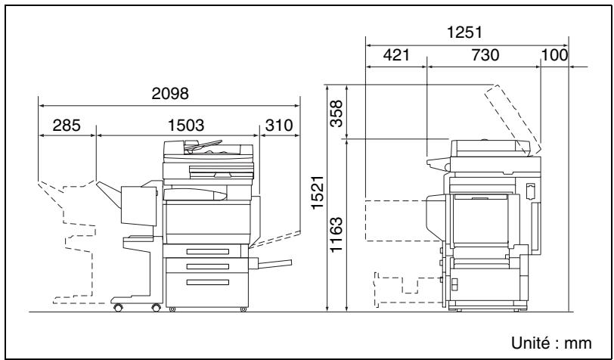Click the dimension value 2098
[170, 94]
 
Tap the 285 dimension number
[67, 126]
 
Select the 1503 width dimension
[185, 126]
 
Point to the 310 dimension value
[279, 126]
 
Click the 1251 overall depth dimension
[464, 33]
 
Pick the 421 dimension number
[396, 55]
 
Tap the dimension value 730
[485, 55]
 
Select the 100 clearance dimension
[554, 55]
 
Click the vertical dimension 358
[336, 113]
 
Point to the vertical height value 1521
[318, 192]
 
